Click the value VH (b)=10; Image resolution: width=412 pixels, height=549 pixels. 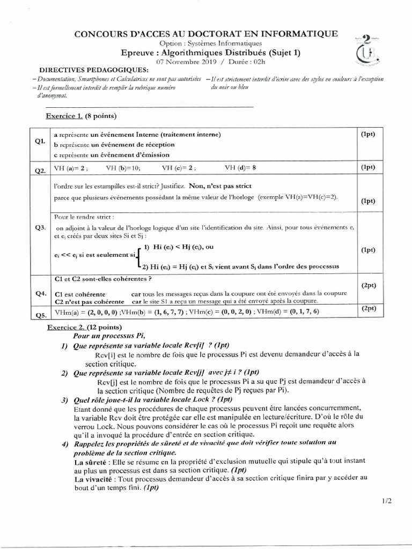coord(123,168)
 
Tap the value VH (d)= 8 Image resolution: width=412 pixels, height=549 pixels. coord(241,168)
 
